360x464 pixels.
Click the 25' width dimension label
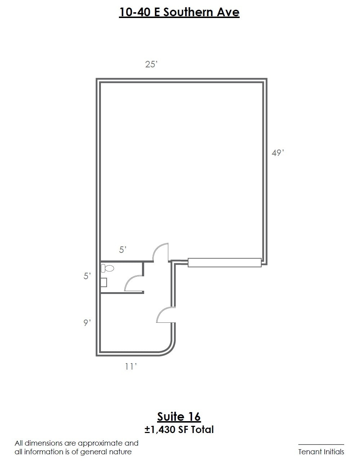151,64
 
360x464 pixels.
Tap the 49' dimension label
277,153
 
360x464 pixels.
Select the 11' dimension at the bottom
131,367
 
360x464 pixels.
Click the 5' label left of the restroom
87,276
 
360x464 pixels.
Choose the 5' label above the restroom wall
123,250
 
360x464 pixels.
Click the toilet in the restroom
107,268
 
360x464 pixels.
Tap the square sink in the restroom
103,282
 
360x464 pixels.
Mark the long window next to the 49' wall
225,263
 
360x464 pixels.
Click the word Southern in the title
187,12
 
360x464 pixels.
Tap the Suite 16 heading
179,417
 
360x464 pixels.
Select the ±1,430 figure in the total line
160,430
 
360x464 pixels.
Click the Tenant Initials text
321,452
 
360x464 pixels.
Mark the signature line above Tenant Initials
321,445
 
